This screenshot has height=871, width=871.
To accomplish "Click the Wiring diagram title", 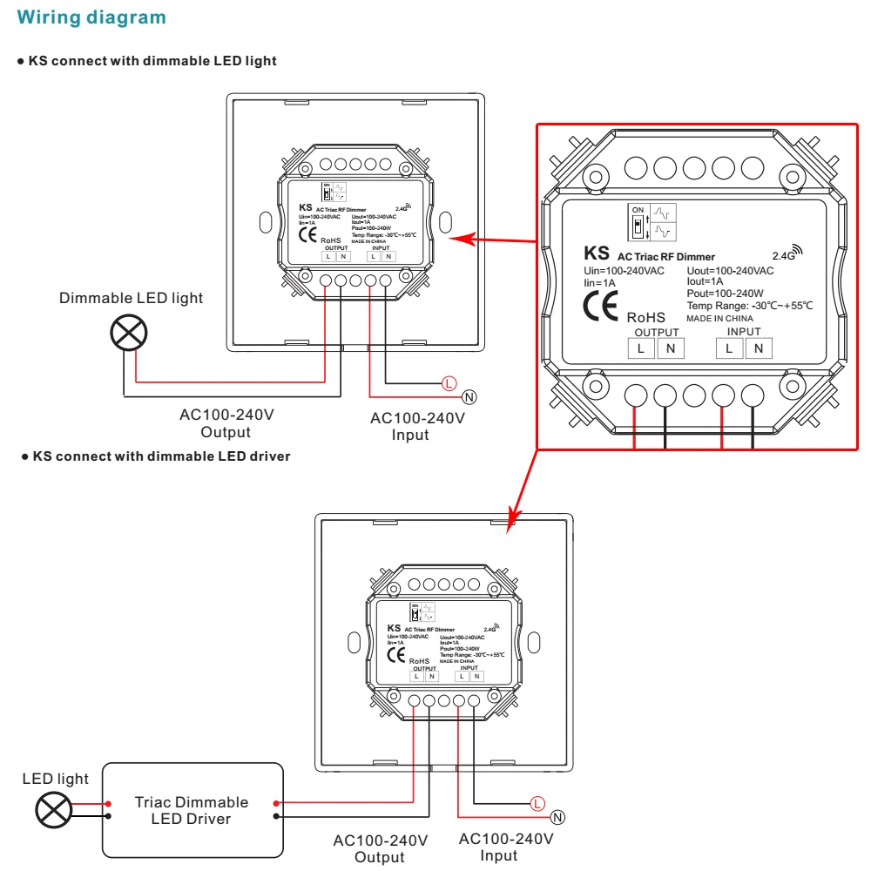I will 91,17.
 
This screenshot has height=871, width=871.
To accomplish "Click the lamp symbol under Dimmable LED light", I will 128,334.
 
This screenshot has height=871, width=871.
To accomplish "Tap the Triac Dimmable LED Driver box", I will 194,810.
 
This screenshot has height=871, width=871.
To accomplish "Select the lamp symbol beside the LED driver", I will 54,810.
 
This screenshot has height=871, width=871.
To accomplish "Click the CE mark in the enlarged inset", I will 600,307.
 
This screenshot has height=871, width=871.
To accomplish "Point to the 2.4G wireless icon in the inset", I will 787,253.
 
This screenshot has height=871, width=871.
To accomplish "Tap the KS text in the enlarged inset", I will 597,253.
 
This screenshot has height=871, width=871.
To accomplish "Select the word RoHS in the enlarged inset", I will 645,318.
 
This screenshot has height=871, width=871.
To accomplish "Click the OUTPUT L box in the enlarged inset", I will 642,348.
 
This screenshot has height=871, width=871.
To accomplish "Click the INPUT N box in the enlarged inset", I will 759,348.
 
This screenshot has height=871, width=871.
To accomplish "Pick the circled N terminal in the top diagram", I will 470,398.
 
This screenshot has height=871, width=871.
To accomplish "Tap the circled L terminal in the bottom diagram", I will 537,802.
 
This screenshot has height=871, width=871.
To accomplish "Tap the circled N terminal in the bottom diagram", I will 558,817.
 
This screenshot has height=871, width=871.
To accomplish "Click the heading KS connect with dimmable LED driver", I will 161,456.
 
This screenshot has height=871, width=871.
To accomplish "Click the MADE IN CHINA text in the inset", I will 719,319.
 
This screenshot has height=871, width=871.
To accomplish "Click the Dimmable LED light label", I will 131,298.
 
